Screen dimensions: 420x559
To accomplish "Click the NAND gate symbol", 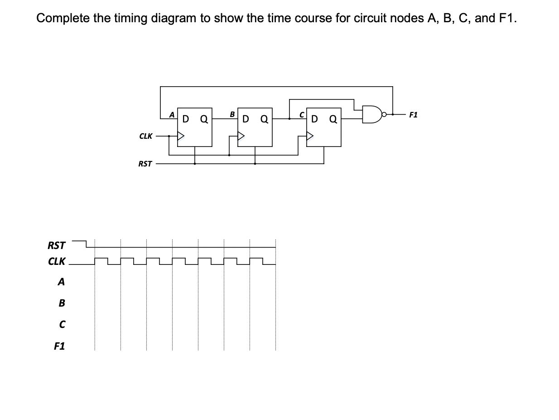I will click(x=372, y=114).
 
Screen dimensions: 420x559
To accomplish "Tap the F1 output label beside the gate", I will click(x=414, y=115).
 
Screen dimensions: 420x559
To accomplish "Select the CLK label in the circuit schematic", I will click(x=145, y=136).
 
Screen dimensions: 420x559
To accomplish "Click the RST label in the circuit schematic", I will click(x=145, y=164).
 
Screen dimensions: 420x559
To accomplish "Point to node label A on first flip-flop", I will click(x=172, y=115).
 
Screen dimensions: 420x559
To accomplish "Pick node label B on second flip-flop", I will click(x=232, y=114).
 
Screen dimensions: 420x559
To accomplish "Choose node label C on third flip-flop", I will click(x=300, y=115).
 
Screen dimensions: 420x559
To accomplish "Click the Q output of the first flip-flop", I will click(x=204, y=120).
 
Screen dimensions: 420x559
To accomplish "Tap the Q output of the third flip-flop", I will click(x=333, y=120).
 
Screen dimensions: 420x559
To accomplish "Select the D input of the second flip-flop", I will click(x=246, y=120).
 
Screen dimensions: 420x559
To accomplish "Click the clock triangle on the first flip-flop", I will click(x=181, y=136).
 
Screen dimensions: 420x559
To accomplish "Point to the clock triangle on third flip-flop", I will click(x=310, y=136).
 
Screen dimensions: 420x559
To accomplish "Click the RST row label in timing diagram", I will click(x=57, y=246).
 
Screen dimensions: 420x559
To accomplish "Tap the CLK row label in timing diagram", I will click(x=57, y=262).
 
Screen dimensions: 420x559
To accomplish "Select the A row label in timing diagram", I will click(x=61, y=282).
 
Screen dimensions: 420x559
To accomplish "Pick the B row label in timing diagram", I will click(x=62, y=303).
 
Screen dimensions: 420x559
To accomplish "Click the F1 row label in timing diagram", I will click(x=59, y=346).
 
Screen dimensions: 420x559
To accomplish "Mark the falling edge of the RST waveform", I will click(x=86, y=244).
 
